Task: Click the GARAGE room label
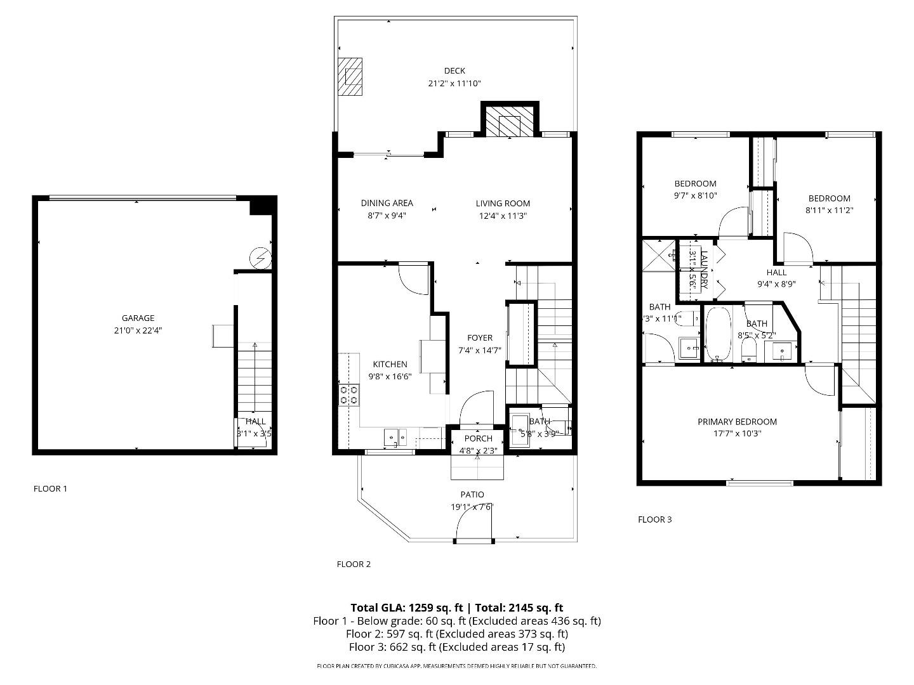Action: [138, 318]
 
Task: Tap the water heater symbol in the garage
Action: [260, 258]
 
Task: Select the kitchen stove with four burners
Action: [349, 395]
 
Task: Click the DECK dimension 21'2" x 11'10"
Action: [454, 83]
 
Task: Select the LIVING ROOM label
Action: [503, 203]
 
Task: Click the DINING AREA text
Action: [387, 203]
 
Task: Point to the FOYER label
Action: [480, 338]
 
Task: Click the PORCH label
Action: [478, 438]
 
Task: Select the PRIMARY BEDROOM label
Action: [737, 422]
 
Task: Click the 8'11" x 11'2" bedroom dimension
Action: [828, 210]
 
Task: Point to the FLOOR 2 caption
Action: [354, 564]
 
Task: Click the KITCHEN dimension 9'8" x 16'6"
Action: [390, 376]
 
